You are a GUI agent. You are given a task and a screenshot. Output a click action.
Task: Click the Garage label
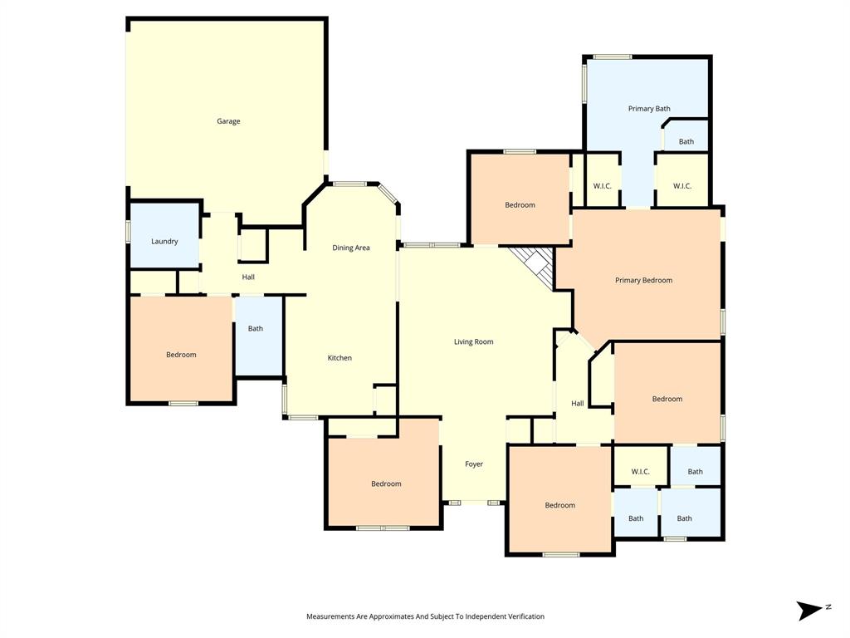pos(228,121)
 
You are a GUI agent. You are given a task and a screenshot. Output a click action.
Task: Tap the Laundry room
pos(164,241)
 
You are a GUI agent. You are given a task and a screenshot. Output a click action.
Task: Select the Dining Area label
pos(350,248)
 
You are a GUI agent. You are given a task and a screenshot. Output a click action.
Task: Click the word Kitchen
pos(340,358)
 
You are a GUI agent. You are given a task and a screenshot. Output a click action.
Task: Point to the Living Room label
pos(473,341)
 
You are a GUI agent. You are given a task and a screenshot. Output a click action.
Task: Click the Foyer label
pos(473,464)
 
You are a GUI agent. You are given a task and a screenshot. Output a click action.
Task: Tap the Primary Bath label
pos(649,109)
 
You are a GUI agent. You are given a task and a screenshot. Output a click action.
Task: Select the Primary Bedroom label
pos(643,280)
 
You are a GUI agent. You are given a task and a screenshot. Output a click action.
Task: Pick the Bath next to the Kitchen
pos(256,328)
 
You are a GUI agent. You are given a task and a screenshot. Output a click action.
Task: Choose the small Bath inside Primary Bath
pos(686,142)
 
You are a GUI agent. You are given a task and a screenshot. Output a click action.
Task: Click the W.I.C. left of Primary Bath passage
pos(602,186)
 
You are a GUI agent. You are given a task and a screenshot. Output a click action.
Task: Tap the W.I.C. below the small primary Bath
pos(682,186)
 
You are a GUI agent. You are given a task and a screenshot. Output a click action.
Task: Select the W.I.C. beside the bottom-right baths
pos(640,472)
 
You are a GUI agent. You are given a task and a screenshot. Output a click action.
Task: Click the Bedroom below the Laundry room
pos(181,355)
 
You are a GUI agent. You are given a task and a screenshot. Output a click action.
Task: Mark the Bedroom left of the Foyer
pos(386,483)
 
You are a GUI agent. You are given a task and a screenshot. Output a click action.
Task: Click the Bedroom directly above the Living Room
pos(520,205)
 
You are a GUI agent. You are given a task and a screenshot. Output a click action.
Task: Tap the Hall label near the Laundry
pos(248,277)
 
